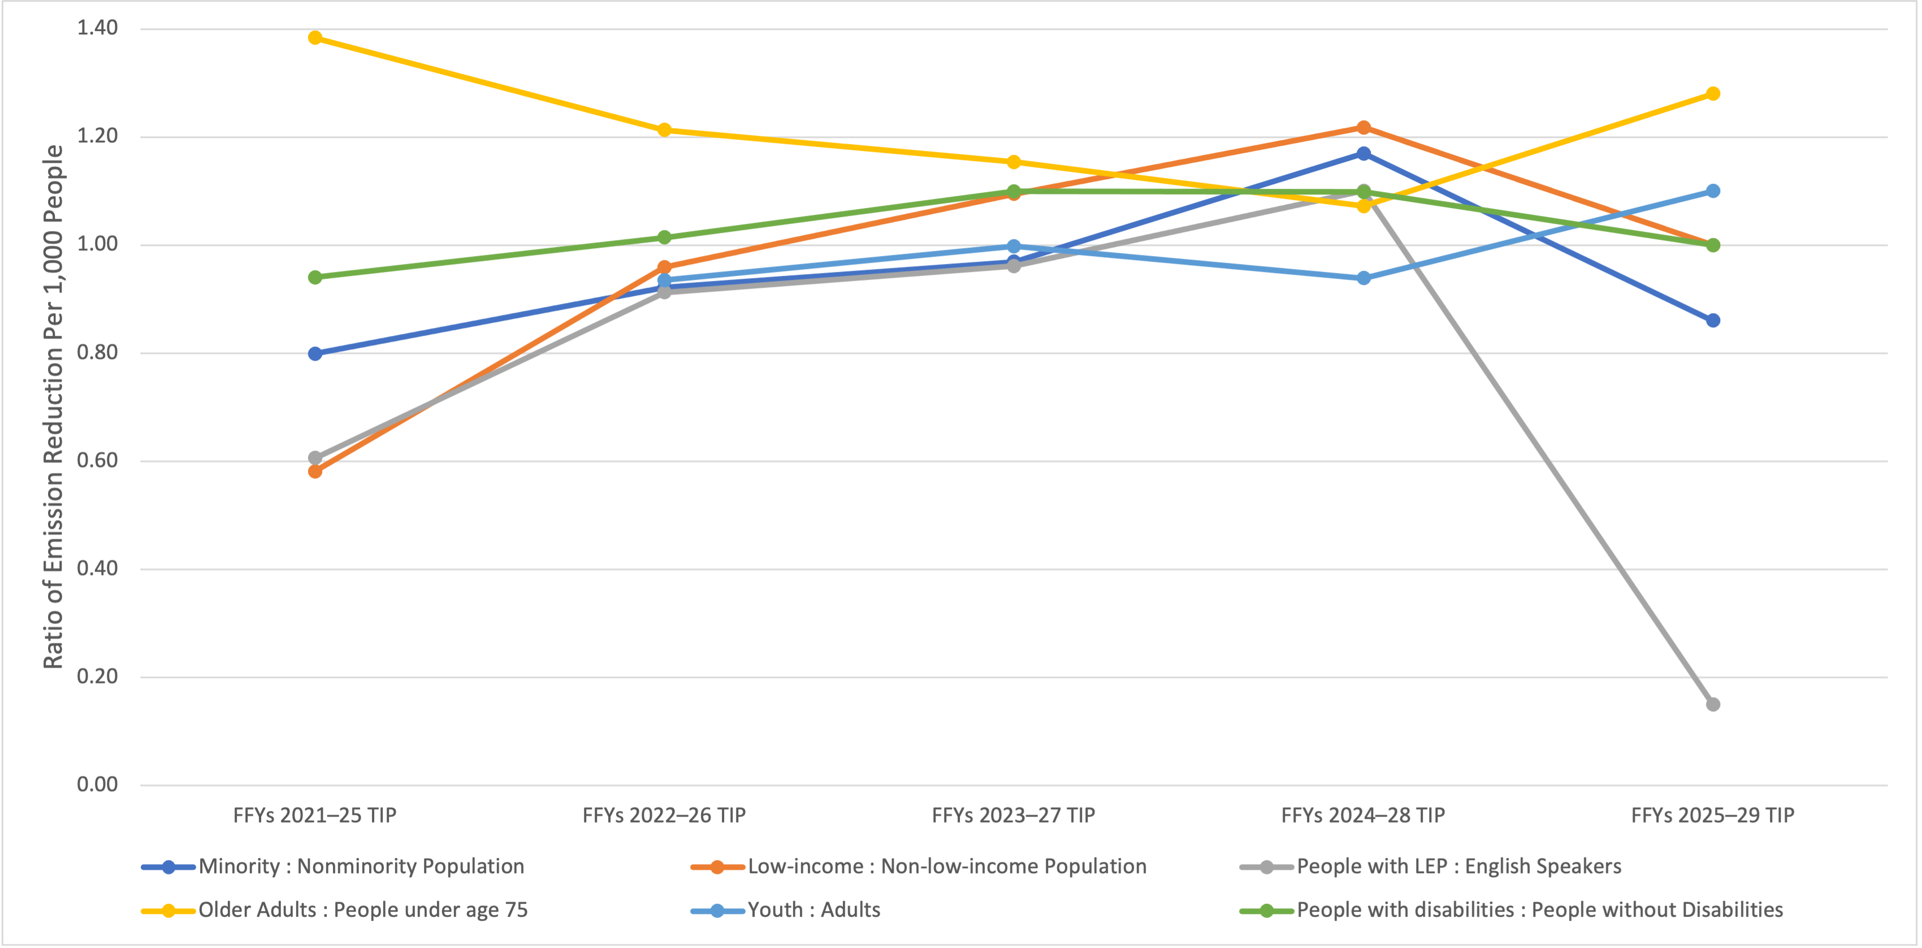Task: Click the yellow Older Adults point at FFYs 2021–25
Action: [x=315, y=37]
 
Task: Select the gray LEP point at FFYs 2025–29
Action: [x=1712, y=704]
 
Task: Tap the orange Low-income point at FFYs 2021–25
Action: [x=315, y=471]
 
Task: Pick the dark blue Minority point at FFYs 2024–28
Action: [x=1363, y=154]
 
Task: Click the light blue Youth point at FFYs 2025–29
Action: [x=1712, y=191]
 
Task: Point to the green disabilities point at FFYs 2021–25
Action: [x=315, y=278]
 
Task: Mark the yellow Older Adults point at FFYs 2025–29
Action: [x=1712, y=93]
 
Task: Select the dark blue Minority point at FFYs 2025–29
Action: [x=1712, y=321]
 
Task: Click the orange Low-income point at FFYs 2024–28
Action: [x=1363, y=128]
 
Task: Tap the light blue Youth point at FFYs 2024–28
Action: [x=1363, y=278]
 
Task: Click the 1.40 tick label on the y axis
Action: [x=97, y=28]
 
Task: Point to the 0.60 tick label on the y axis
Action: [x=97, y=460]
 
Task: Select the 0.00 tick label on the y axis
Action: [x=97, y=784]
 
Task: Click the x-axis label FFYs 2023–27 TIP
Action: [x=1013, y=815]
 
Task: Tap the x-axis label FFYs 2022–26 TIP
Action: [x=664, y=815]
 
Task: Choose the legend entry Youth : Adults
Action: [x=813, y=910]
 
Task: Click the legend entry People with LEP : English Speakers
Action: [x=1458, y=867]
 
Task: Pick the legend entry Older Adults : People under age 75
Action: [x=362, y=910]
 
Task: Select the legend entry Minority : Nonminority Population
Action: [x=361, y=867]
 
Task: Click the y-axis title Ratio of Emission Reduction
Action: [x=53, y=406]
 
